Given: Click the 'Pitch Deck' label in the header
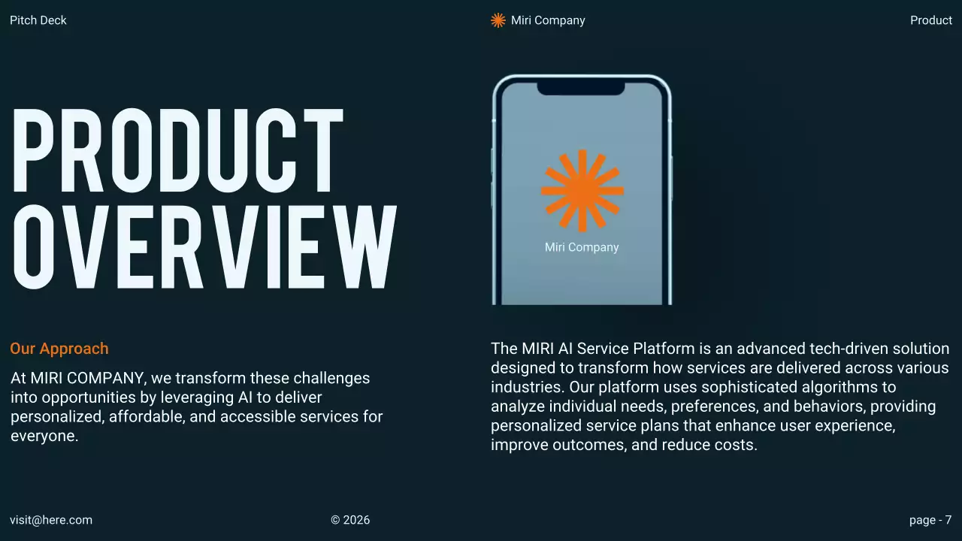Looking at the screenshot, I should pos(38,20).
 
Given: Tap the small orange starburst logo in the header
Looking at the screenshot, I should pos(498,20).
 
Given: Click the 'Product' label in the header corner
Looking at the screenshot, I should pos(930,20).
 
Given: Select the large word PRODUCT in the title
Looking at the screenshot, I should pos(177,150).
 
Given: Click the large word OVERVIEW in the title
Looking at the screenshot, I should pos(203,246).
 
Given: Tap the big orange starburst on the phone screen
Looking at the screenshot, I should pos(582,190).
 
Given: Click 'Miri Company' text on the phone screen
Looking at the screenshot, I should pos(582,247).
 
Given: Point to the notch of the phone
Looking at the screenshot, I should pos(581,88).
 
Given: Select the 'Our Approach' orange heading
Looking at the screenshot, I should pos(59,349).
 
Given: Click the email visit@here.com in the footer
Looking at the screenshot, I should pos(51,520).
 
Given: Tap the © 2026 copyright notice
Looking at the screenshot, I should pos(350,520).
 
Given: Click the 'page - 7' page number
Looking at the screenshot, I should pos(930,520).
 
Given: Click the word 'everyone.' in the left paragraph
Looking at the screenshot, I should pos(44,436).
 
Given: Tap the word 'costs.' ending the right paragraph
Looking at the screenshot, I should pos(737,445).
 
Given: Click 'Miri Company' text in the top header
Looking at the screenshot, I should pos(548,20).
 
